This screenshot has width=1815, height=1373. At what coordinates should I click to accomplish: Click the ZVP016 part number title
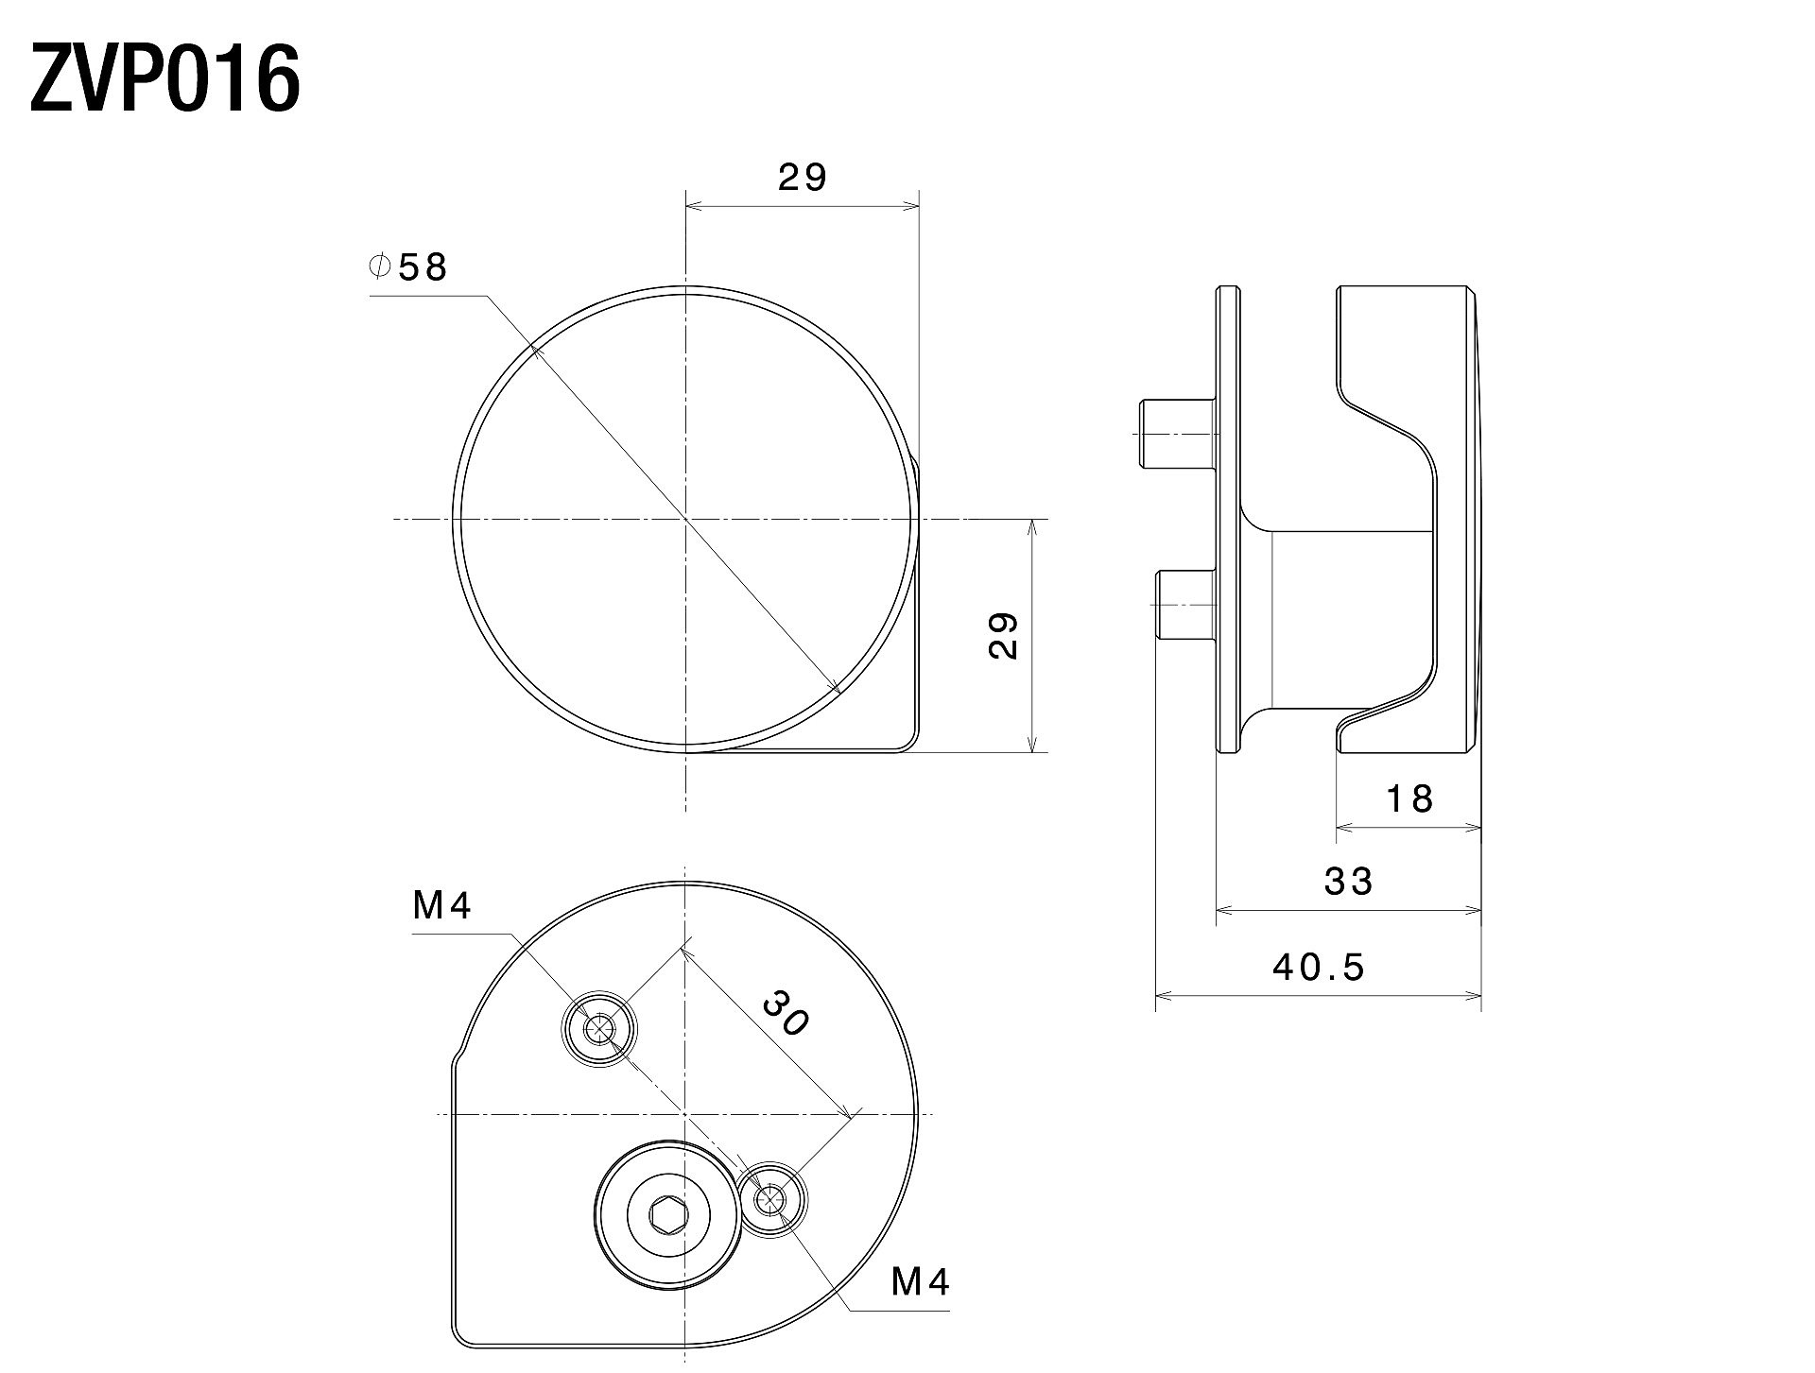pyautogui.click(x=165, y=80)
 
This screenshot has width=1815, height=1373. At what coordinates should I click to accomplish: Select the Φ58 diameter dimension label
pyautogui.click(x=407, y=267)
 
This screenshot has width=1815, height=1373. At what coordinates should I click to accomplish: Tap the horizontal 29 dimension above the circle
pyautogui.click(x=803, y=177)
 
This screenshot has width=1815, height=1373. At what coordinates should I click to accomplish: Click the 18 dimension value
pyautogui.click(x=1409, y=799)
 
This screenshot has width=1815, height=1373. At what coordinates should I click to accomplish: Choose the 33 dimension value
pyautogui.click(x=1348, y=882)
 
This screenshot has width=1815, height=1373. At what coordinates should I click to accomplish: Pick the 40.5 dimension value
pyautogui.click(x=1319, y=967)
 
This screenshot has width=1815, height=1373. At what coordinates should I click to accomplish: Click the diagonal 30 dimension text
pyautogui.click(x=786, y=1012)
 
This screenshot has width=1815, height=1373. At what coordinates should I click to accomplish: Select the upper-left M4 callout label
pyautogui.click(x=442, y=906)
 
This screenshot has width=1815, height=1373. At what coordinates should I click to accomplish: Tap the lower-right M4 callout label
pyautogui.click(x=921, y=1282)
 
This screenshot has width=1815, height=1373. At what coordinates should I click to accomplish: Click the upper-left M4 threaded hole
pyautogui.click(x=599, y=1030)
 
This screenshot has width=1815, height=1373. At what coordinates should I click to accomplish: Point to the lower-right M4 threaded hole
pyautogui.click(x=771, y=1200)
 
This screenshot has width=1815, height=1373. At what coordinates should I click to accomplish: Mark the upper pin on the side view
pyautogui.click(x=1178, y=434)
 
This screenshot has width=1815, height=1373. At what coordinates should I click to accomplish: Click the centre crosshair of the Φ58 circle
pyautogui.click(x=685, y=519)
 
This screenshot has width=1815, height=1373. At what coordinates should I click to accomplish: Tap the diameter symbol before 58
pyautogui.click(x=379, y=266)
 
